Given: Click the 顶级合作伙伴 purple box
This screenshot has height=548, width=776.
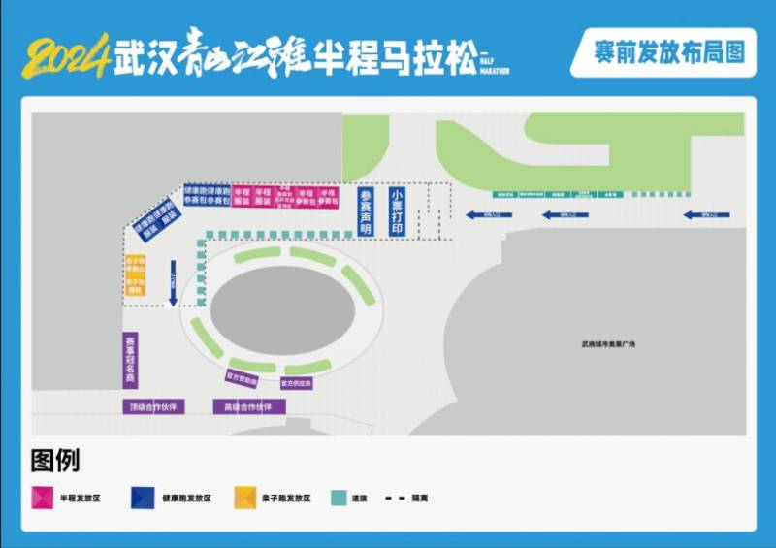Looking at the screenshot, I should click(x=153, y=406).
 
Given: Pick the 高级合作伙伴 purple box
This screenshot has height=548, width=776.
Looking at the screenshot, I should click(x=249, y=406).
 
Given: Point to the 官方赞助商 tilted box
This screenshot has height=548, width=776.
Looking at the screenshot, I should click(x=241, y=377).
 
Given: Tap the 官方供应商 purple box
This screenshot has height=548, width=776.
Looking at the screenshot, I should click(x=296, y=383).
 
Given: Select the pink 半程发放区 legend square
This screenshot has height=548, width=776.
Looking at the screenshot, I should click(x=42, y=498).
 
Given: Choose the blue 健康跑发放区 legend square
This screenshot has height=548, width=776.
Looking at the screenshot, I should click(x=143, y=498).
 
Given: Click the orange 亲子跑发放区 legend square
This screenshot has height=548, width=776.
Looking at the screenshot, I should click(x=245, y=498).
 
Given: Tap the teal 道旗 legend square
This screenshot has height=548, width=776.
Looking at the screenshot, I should click(x=339, y=498).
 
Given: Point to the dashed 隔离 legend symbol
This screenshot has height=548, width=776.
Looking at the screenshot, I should click(x=395, y=498).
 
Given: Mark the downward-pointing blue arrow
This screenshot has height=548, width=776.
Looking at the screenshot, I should click(x=173, y=282).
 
